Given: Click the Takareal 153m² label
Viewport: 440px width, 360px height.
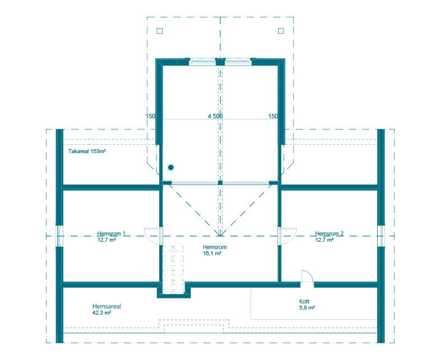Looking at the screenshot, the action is click(x=87, y=151).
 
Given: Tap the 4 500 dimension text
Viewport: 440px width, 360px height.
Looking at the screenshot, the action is click(x=215, y=116).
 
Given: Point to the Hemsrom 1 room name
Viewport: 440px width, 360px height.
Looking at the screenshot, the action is click(x=111, y=233).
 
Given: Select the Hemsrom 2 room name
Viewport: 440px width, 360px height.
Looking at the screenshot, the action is click(x=329, y=233).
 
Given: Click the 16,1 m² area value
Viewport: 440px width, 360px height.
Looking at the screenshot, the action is click(x=212, y=253).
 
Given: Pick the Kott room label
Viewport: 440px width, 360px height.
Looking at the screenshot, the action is click(x=304, y=301).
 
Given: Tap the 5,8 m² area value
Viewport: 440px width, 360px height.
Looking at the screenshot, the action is click(x=307, y=308).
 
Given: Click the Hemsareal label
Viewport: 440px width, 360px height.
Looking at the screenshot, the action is click(x=106, y=306).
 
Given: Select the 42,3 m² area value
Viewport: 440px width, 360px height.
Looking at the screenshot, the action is click(x=101, y=312).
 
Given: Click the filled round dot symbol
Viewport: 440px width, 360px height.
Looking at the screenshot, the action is click(x=170, y=168).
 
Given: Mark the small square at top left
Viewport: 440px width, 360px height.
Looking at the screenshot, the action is click(x=160, y=31).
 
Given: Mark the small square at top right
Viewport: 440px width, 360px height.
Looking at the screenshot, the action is click(x=281, y=31).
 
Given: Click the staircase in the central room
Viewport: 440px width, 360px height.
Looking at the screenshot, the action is click(x=173, y=270).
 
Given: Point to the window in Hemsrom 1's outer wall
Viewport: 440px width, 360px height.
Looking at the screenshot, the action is click(x=59, y=236).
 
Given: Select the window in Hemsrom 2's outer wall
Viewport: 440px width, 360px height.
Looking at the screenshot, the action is click(x=381, y=236).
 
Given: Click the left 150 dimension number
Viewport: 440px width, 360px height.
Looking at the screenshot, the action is click(x=150, y=116).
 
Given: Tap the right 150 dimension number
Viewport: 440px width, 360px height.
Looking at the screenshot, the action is click(x=273, y=116).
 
